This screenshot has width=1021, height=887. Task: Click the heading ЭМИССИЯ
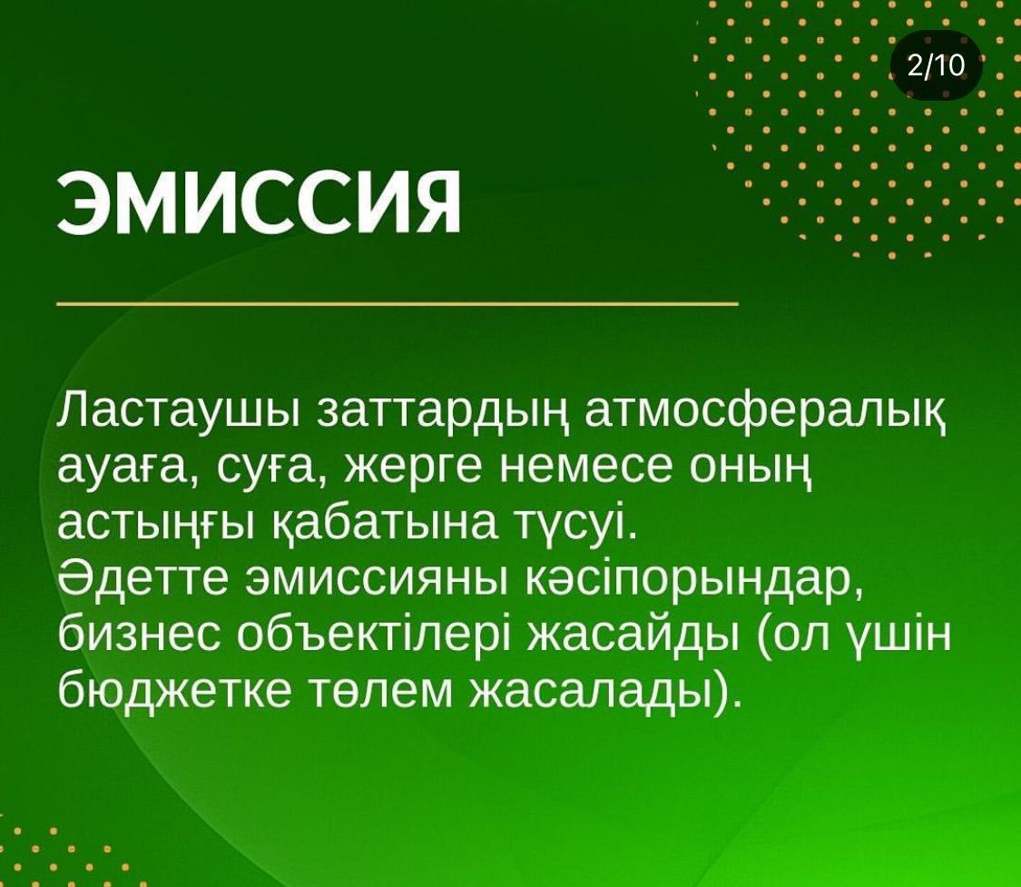click(x=259, y=203)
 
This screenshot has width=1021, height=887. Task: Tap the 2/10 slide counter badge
click(x=937, y=65)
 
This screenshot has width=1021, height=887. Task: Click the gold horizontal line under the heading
click(x=398, y=303)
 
